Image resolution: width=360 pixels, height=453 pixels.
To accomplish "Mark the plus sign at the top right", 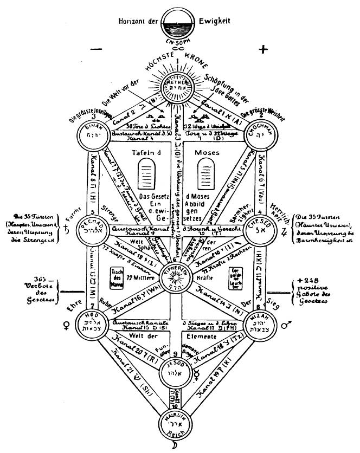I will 263,50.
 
